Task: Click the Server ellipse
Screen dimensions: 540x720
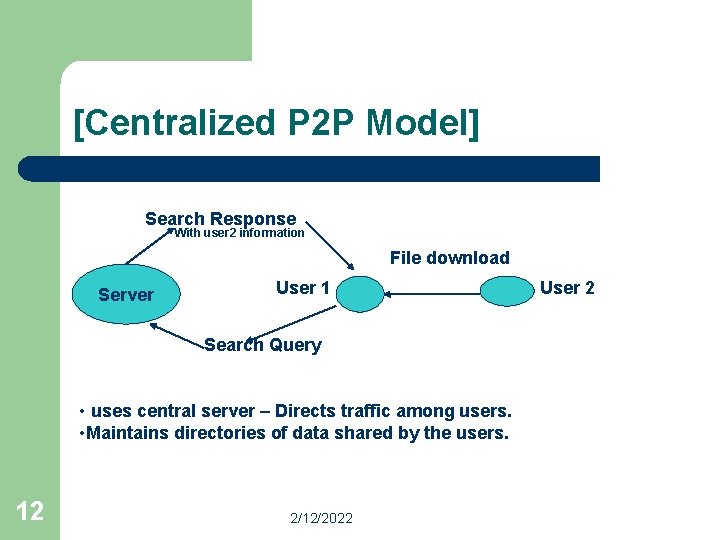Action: click(x=125, y=294)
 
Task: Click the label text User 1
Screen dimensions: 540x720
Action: click(x=302, y=288)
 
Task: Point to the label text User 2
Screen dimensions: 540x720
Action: click(x=567, y=288)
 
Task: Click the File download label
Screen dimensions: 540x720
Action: click(x=449, y=258)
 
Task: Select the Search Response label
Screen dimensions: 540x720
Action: click(x=220, y=218)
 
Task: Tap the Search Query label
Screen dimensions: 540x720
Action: click(x=263, y=345)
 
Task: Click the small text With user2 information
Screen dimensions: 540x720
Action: click(x=239, y=233)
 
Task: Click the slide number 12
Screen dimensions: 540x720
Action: click(x=30, y=511)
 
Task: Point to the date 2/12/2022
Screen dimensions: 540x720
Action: click(x=321, y=518)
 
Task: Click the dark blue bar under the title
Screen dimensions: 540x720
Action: click(x=310, y=168)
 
